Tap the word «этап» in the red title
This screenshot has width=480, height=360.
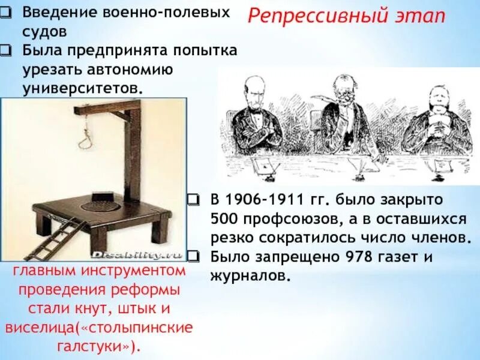420,16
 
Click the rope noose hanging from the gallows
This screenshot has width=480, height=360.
83,135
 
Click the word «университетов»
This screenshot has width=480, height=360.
83,88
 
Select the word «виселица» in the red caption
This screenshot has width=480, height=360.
42,328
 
